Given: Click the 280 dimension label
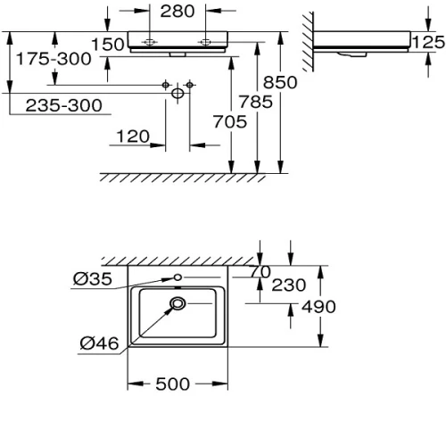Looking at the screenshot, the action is pos(178,12).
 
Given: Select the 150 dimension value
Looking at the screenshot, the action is pos(108,45).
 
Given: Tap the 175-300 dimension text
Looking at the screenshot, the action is pos(54,59).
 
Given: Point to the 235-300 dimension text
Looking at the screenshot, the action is pos(64,105).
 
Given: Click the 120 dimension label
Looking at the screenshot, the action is pos(133,136).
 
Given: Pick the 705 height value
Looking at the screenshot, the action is pos(230,122).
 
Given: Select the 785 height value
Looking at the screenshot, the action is pos(256,102).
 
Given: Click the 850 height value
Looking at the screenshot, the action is pos(280,82).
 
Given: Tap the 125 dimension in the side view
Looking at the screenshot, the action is pos(428,42).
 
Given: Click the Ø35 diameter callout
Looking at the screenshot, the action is pos(93,279).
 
